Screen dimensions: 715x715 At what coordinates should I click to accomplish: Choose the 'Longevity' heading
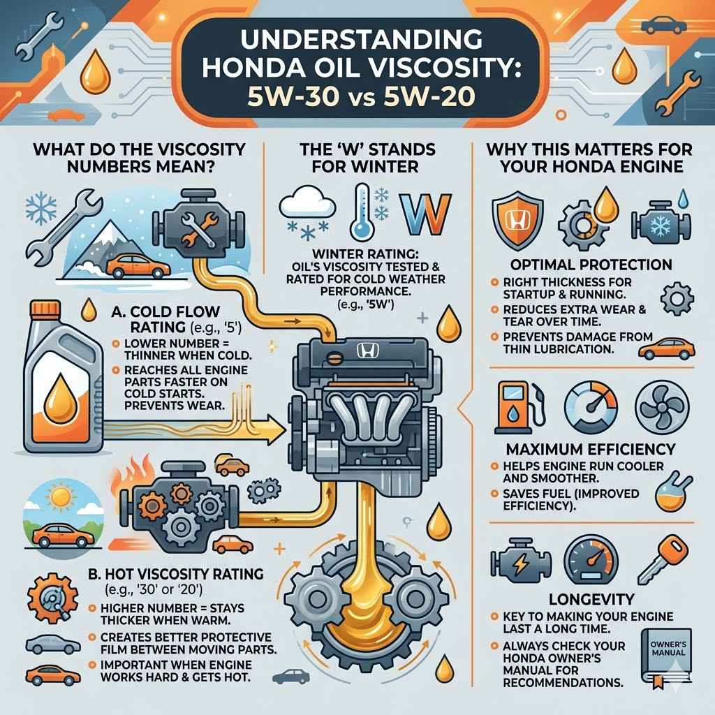(x=591, y=598)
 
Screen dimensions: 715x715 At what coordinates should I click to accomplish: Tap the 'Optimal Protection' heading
(x=591, y=265)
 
